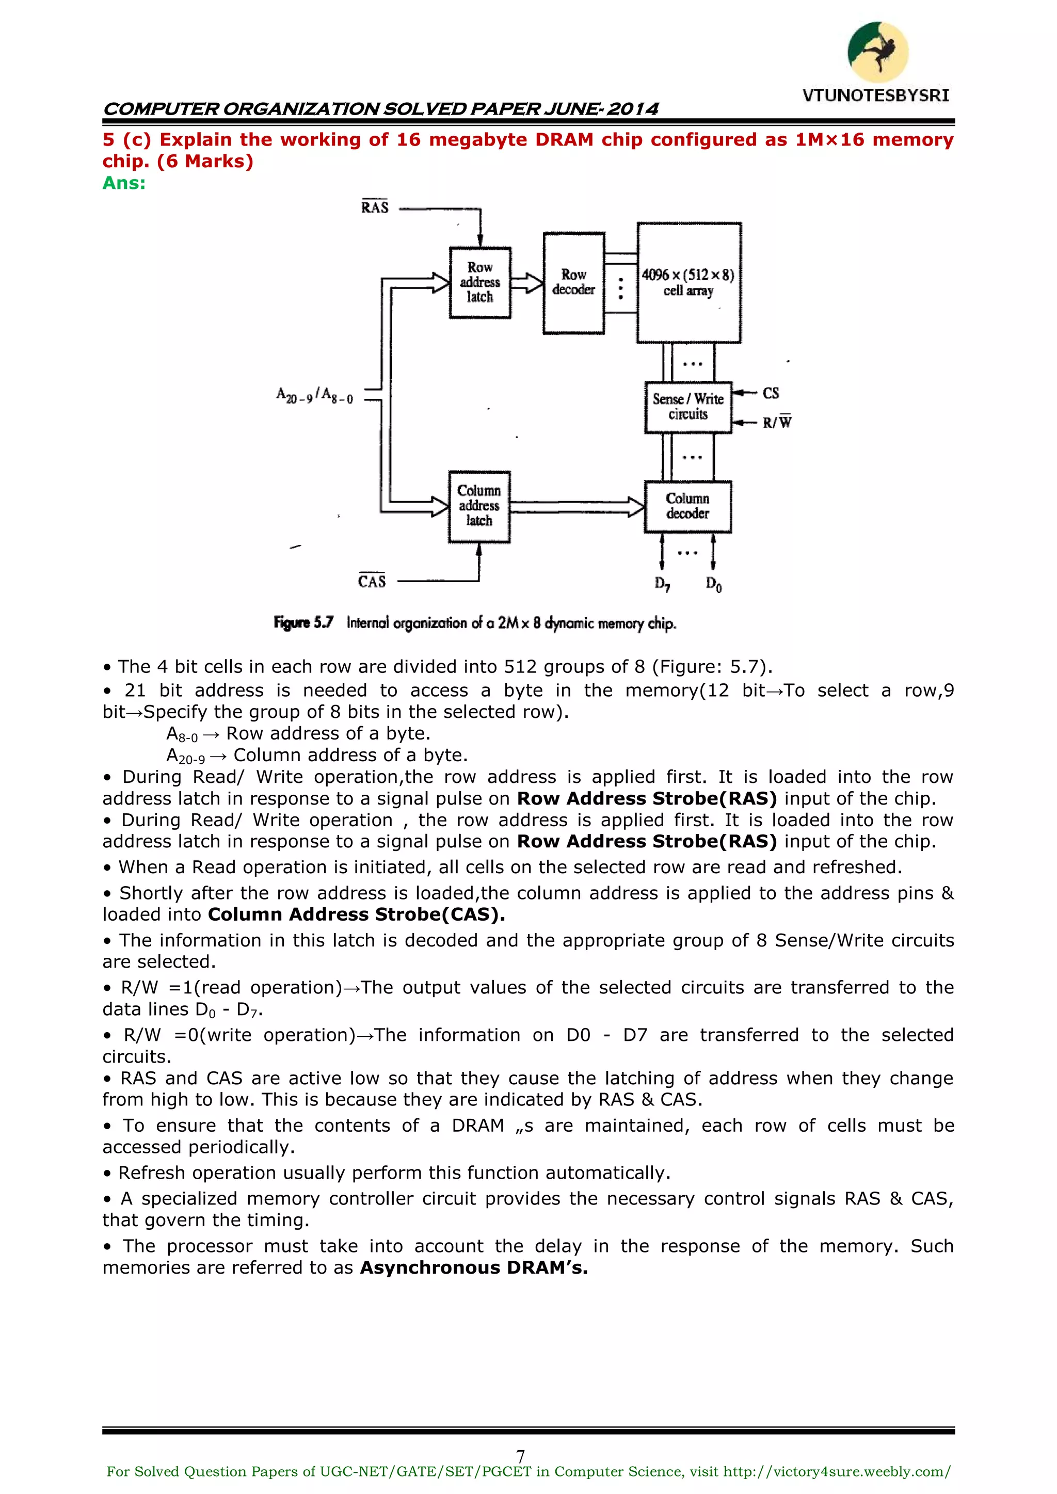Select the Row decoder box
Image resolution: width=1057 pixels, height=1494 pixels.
[573, 283]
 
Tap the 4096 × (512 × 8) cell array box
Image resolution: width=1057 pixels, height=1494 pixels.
[688, 283]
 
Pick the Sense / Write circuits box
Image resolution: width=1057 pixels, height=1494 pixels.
[688, 407]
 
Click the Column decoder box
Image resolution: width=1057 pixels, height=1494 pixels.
[687, 506]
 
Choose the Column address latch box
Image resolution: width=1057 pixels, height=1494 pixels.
[479, 506]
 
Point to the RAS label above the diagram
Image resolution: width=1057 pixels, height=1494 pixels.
[375, 207]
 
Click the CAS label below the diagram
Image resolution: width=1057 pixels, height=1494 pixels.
[372, 581]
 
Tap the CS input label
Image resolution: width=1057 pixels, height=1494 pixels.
[771, 393]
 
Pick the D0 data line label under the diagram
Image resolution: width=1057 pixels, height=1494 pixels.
[713, 584]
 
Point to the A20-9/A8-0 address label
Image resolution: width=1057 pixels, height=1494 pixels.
[314, 395]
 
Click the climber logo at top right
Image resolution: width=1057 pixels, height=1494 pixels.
[877, 52]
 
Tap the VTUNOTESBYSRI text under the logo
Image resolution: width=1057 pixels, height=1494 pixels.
[875, 95]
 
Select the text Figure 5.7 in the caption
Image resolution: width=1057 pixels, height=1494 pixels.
[303, 623]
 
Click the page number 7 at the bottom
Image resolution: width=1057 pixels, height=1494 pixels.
[520, 1456]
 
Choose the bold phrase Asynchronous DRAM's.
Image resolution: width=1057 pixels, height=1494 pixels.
[473, 1267]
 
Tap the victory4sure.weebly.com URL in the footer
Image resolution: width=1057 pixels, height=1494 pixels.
[837, 1472]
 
